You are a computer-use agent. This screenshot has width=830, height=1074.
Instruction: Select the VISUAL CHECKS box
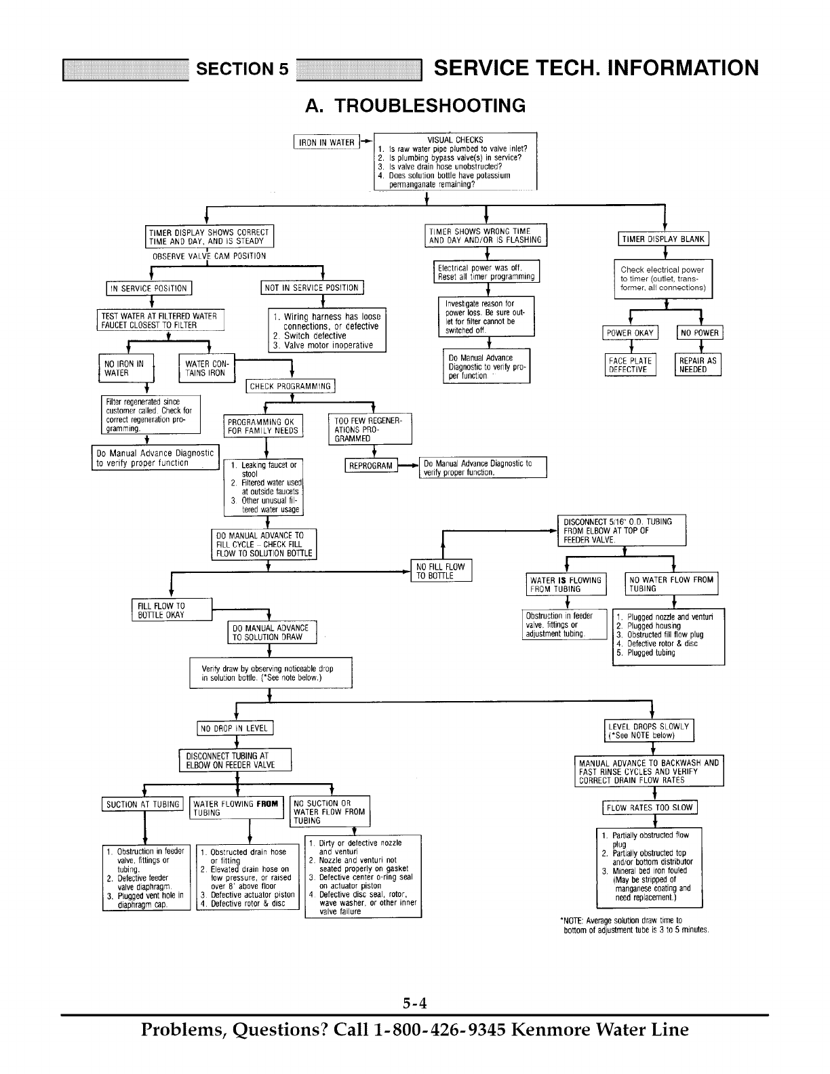[x=455, y=161]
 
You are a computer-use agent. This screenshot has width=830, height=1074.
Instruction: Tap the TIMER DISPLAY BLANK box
[x=665, y=239]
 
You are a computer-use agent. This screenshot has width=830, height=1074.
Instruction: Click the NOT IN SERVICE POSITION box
[x=312, y=288]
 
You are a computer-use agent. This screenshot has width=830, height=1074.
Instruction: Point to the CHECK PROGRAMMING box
[x=290, y=386]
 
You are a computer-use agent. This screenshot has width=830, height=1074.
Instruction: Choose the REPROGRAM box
[x=371, y=466]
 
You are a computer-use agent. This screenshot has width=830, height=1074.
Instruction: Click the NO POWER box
[x=700, y=333]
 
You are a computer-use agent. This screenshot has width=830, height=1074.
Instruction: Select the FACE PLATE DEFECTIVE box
[x=630, y=365]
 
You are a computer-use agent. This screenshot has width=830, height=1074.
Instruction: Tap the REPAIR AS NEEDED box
[x=697, y=365]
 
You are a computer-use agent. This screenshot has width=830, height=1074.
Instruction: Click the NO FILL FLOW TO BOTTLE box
[x=441, y=571]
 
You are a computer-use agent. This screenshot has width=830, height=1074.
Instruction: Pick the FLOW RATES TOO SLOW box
[x=650, y=808]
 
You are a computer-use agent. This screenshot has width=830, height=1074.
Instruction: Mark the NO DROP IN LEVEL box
[x=235, y=729]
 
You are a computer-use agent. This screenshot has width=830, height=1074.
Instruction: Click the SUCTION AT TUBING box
[x=143, y=805]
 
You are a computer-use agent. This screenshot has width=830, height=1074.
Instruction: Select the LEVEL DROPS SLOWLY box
[x=648, y=731]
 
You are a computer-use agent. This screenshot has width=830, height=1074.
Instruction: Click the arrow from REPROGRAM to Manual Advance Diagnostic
[x=408, y=466]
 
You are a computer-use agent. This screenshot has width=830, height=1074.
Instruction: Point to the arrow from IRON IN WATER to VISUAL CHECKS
[x=366, y=142]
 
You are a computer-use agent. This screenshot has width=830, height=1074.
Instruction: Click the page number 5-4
[x=415, y=1003]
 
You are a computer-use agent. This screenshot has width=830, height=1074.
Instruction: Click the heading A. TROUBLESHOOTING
[x=415, y=106]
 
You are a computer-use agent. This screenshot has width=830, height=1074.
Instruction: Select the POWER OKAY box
[x=630, y=333]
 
